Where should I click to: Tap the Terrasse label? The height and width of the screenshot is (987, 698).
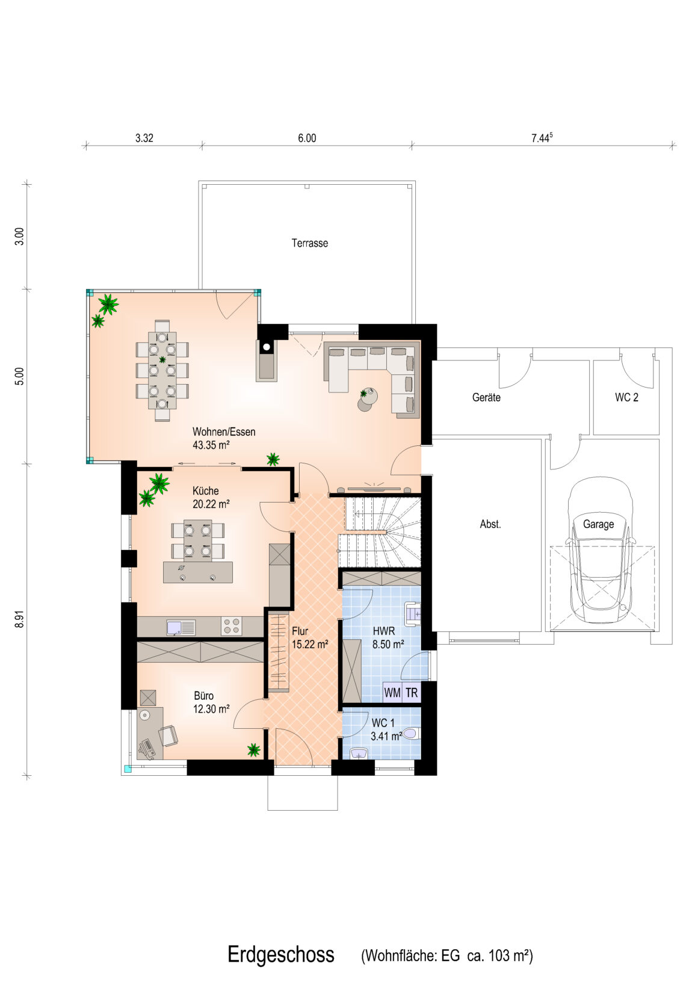pyautogui.click(x=310, y=243)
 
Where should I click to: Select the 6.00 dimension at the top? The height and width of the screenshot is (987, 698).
pyautogui.click(x=307, y=138)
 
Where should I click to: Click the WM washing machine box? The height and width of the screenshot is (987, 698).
pyautogui.click(x=392, y=693)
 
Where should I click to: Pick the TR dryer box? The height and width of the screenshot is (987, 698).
pyautogui.click(x=412, y=693)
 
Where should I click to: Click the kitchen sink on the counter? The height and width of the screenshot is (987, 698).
pyautogui.click(x=181, y=627)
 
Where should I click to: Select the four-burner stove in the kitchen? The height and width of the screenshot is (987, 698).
pyautogui.click(x=231, y=627)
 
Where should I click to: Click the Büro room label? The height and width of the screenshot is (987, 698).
pyautogui.click(x=203, y=696)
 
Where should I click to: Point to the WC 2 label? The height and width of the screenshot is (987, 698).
pyautogui.click(x=626, y=397)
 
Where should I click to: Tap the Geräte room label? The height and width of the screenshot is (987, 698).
pyautogui.click(x=486, y=397)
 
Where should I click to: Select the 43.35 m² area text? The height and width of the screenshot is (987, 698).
pyautogui.click(x=211, y=445)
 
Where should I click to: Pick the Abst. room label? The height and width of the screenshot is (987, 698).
pyautogui.click(x=490, y=524)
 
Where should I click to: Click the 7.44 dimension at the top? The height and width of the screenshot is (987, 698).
pyautogui.click(x=542, y=138)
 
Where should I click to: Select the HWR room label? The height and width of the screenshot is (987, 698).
pyautogui.click(x=383, y=631)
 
